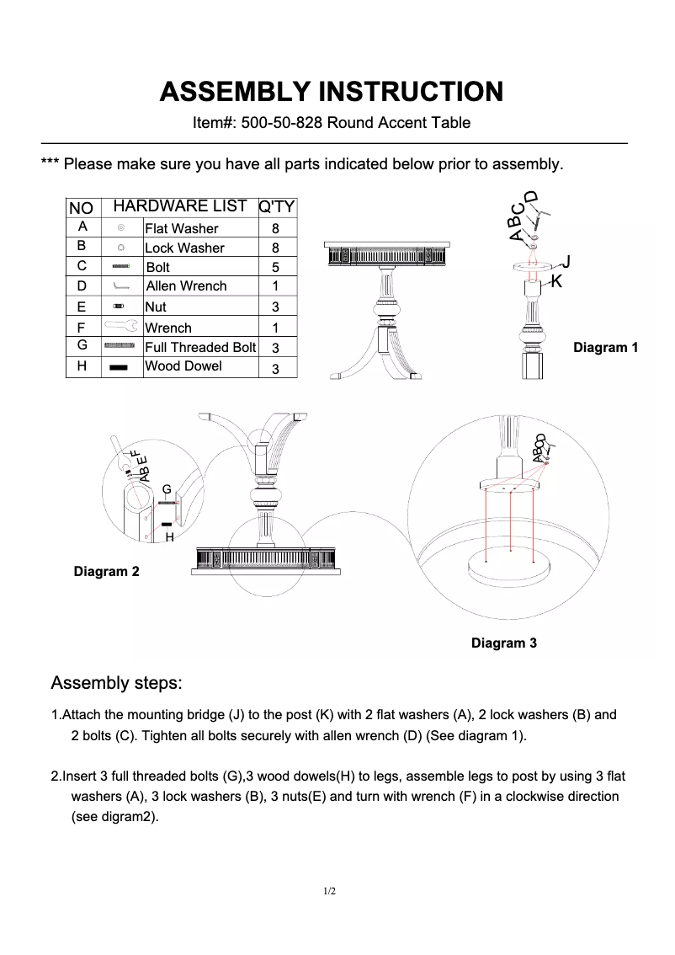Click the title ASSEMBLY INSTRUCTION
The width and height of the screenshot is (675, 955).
pos(332,91)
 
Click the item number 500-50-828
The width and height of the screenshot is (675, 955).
pos(281,123)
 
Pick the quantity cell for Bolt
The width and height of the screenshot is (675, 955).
pos(275,268)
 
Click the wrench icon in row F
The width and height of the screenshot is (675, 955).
pos(121,325)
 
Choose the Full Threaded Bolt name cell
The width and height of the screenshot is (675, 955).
pos(200,347)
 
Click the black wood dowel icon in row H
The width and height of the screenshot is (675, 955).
pos(120,367)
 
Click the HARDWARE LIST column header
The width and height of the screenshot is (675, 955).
pos(179,206)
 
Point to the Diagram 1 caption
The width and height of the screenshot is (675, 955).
pos(605,347)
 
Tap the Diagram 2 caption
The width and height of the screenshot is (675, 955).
pos(106,572)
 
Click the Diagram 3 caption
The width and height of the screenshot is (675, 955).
pos(503,643)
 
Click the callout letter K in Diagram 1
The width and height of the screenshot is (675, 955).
pos(556,281)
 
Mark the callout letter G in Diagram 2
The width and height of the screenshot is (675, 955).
pos(167,489)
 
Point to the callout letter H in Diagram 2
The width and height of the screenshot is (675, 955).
pos(169,536)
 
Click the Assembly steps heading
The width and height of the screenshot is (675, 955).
pos(116,681)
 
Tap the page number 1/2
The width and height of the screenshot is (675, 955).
pos(330,891)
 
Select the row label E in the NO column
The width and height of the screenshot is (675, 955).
pos(82,307)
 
